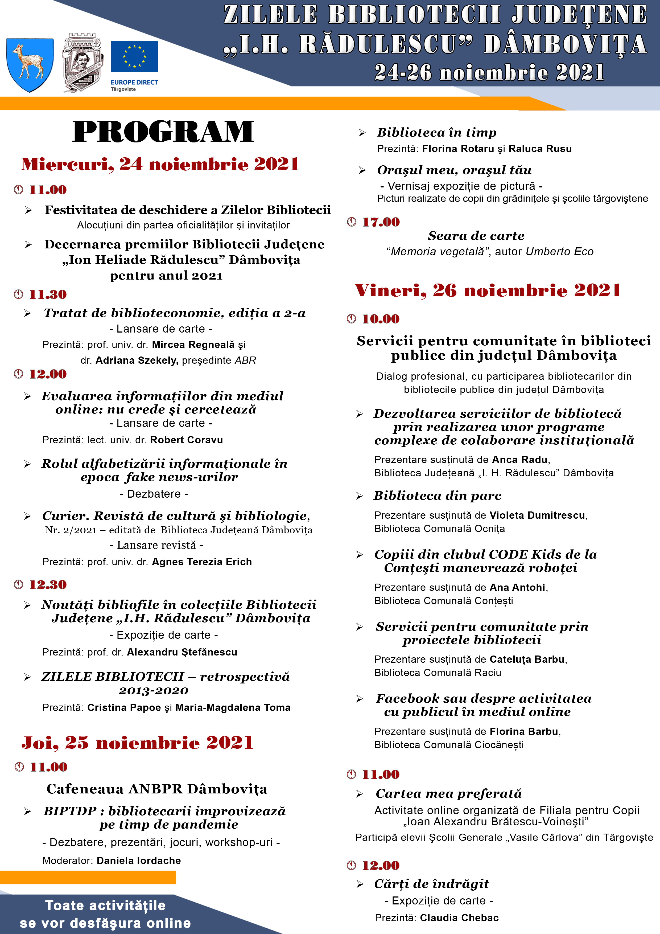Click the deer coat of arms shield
coord(30,64)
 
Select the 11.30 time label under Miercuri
coord(48,294)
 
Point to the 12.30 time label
coord(48,585)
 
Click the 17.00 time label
coord(381,222)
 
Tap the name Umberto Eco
coord(560,252)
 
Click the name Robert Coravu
coord(186,440)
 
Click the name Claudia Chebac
coord(459,918)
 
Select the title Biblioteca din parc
coord(437,495)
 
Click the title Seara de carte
coord(476,236)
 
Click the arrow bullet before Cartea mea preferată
coord(360,794)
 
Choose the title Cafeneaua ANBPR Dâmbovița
coord(157,789)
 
